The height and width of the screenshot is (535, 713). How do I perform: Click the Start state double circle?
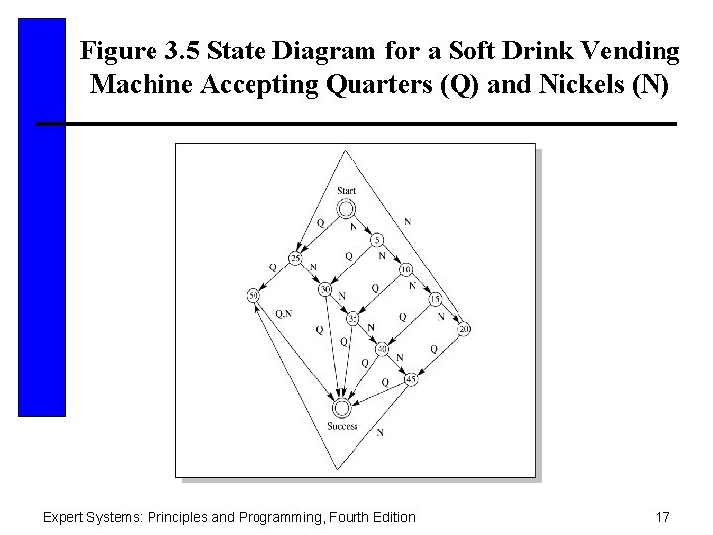point(346,208)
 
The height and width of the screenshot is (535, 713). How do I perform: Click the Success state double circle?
point(342,407)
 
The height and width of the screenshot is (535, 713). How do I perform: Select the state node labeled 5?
point(377,240)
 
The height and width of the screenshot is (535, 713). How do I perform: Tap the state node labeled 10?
point(405,269)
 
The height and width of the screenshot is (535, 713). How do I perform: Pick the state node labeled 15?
point(435,299)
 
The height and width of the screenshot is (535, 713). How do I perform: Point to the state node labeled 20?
point(464,328)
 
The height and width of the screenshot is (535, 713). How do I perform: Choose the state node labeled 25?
point(295,259)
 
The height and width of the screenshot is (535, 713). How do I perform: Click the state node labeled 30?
point(325,289)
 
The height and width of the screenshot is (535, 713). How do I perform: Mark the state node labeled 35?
point(353,319)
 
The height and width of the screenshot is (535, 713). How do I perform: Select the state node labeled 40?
point(382,349)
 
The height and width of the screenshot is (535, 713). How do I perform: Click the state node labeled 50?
point(253,295)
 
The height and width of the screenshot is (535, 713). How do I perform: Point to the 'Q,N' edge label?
point(283,313)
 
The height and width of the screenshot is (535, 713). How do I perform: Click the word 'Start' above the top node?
point(346,190)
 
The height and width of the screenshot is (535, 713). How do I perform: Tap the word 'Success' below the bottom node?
point(342,427)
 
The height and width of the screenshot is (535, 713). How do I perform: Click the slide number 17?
point(663,516)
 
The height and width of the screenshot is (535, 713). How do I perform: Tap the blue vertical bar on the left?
point(42,217)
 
